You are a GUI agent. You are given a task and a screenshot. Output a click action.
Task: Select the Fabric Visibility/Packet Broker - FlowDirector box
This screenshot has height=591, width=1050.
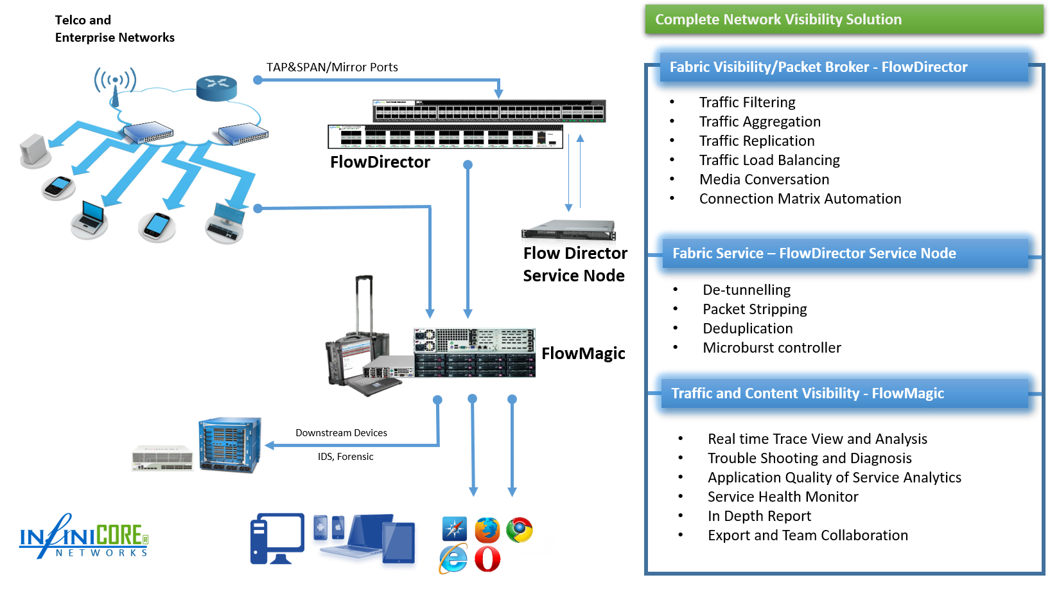pos(844,67)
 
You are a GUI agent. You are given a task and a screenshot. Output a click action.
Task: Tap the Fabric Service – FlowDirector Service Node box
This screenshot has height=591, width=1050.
pos(844,253)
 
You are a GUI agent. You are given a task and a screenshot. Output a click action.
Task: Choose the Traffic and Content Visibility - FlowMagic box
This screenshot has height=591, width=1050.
pos(844,393)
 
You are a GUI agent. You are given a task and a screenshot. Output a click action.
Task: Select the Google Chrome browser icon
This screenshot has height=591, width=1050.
pos(519,530)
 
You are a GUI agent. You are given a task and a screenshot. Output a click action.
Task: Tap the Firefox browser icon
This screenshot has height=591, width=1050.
pos(487,530)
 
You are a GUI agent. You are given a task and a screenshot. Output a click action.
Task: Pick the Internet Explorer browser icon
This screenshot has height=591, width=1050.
pos(453,558)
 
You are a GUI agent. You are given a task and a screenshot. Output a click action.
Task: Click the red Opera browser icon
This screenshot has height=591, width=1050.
pos(487,558)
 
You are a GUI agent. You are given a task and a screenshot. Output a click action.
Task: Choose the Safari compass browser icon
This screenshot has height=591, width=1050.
pos(455,529)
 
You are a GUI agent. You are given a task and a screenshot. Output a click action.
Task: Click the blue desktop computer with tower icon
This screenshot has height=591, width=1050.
pos(277,538)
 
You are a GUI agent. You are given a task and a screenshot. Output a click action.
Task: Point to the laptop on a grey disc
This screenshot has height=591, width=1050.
pos(89,218)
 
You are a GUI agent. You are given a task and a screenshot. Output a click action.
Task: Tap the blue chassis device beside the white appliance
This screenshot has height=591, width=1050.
pos(230,444)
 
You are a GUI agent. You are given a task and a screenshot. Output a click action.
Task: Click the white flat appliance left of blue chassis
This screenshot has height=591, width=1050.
pos(162,457)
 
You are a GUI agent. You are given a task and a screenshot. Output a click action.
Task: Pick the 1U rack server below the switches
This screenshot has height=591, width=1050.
pos(568,229)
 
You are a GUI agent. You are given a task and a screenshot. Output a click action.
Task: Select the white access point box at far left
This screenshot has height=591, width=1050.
pos(35,150)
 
